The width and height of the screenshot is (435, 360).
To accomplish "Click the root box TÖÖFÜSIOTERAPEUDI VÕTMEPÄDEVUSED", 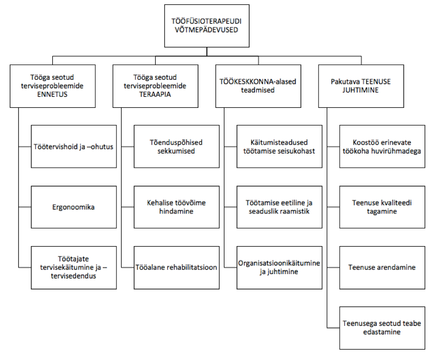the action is (207, 26).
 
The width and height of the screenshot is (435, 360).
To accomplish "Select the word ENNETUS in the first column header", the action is (52, 95).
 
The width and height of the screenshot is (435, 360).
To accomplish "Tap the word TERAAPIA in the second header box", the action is (155, 95).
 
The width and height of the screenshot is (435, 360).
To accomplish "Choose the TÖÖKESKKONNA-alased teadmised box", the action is (258, 86).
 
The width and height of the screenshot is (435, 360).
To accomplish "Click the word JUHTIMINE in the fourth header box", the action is (360, 90).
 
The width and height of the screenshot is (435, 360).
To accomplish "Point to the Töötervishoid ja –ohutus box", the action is (74, 146).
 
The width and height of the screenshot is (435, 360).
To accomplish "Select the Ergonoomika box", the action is (74, 207).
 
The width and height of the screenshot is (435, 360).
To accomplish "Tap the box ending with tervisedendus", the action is (74, 268).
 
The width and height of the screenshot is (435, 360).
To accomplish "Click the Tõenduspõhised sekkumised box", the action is (177, 146).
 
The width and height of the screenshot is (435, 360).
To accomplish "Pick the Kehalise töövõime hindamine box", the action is (177, 207).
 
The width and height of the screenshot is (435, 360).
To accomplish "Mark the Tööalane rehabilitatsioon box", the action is (177, 268).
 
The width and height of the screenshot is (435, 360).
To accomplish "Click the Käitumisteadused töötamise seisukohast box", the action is (279, 146).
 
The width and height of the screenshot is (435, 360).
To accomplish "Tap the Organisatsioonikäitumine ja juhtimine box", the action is (279, 268).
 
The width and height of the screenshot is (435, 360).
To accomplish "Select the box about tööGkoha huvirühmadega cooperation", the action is (382, 146).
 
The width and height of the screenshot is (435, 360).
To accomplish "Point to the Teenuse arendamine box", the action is (382, 268).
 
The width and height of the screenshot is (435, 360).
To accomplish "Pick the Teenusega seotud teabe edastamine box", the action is (382, 328).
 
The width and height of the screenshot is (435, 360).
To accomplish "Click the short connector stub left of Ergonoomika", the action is (25, 207).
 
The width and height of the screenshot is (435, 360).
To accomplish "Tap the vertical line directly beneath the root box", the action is (207, 52).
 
